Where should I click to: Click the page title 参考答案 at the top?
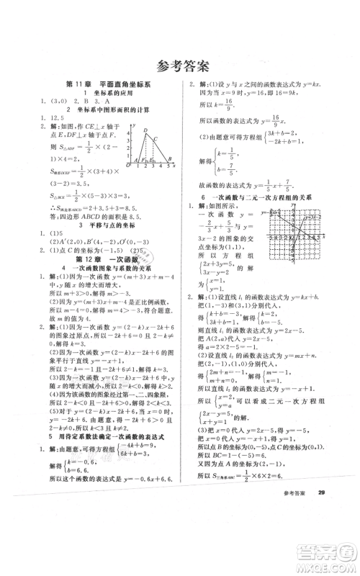click(180, 67)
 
